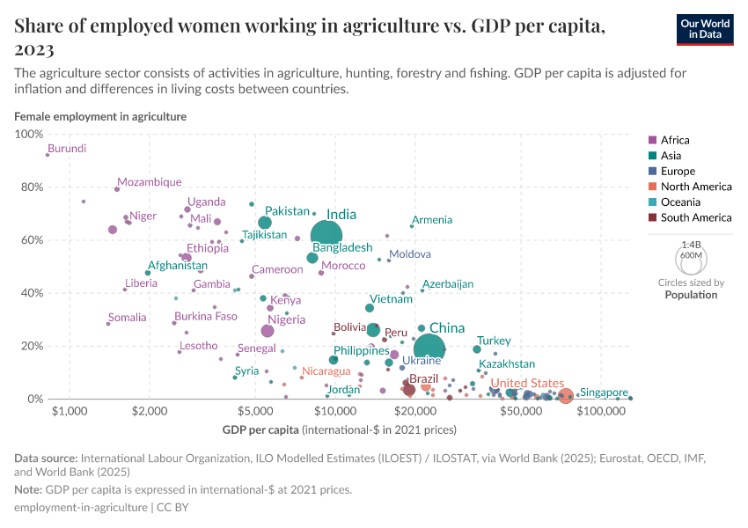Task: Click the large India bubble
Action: pyautogui.click(x=327, y=234)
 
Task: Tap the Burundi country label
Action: pyautogui.click(x=67, y=149)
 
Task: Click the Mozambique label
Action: pyautogui.click(x=149, y=182)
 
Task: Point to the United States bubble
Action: pyautogui.click(x=566, y=396)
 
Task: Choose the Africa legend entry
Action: pyautogui.click(x=675, y=140)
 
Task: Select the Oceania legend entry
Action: pyautogui.click(x=681, y=202)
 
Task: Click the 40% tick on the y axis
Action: pyautogui.click(x=32, y=293)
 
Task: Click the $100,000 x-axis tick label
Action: pyautogui.click(x=602, y=412)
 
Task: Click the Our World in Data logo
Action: pyautogui.click(x=705, y=29)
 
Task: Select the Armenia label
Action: pyautogui.click(x=432, y=220)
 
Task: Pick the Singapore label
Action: pyautogui.click(x=604, y=392)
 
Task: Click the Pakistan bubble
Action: pyautogui.click(x=265, y=223)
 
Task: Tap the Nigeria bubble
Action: pyautogui.click(x=268, y=331)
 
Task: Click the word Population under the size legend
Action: pyautogui.click(x=691, y=295)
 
